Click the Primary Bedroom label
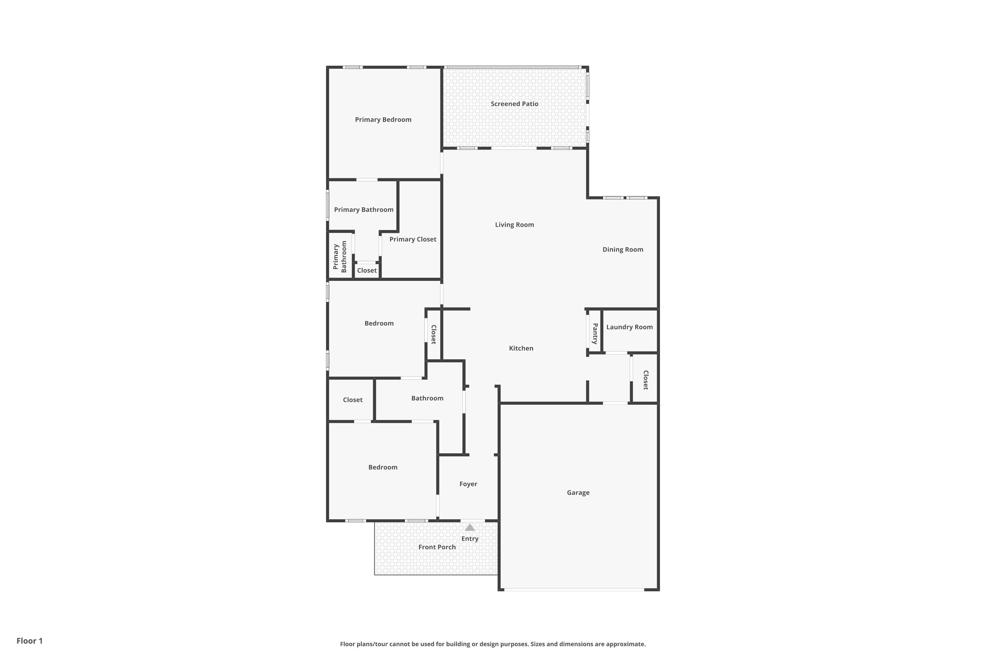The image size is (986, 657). [383, 120]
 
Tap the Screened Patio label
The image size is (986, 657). [514, 104]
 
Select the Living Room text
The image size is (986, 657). [514, 225]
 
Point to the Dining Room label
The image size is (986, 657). [622, 249]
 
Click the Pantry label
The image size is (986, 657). [595, 333]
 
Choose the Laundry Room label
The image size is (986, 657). [629, 327]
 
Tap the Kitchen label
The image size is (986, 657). [521, 348]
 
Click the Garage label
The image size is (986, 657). [578, 493]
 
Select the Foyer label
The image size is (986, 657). [468, 484]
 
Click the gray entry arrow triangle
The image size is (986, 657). [470, 528]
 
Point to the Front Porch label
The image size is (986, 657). [437, 547]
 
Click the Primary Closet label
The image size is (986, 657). [412, 239]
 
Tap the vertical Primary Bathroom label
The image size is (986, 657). [340, 257]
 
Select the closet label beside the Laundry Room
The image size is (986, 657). [646, 380]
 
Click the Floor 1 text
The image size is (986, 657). [29, 641]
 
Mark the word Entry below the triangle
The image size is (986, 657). [470, 539]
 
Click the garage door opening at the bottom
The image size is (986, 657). [574, 590]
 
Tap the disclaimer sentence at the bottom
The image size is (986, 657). [493, 644]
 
